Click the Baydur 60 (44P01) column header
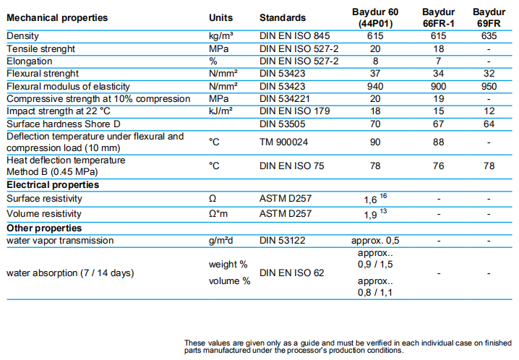[x=374, y=18]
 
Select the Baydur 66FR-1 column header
[x=439, y=18]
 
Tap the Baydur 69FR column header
[x=489, y=18]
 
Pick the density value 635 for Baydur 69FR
[x=489, y=36]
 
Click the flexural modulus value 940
[x=374, y=86]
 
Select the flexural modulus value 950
[x=489, y=86]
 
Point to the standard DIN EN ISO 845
[x=294, y=36]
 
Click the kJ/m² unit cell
[x=220, y=111]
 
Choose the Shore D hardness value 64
[x=489, y=124]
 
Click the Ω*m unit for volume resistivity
[x=219, y=214]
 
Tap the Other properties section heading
[x=44, y=228]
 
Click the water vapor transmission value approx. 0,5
[x=375, y=241]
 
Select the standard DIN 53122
[x=283, y=241]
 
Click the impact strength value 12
[x=489, y=111]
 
